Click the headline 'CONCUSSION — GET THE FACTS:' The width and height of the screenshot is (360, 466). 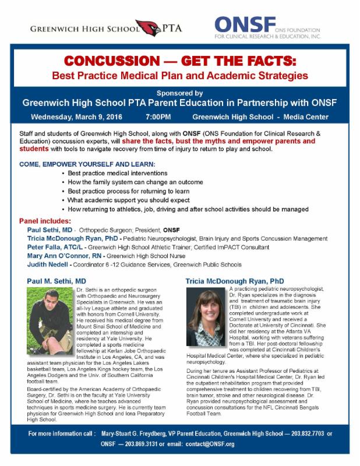(x=180, y=62)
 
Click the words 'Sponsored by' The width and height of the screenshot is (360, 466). (x=179, y=93)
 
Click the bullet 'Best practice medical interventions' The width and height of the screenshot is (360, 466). (x=118, y=174)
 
